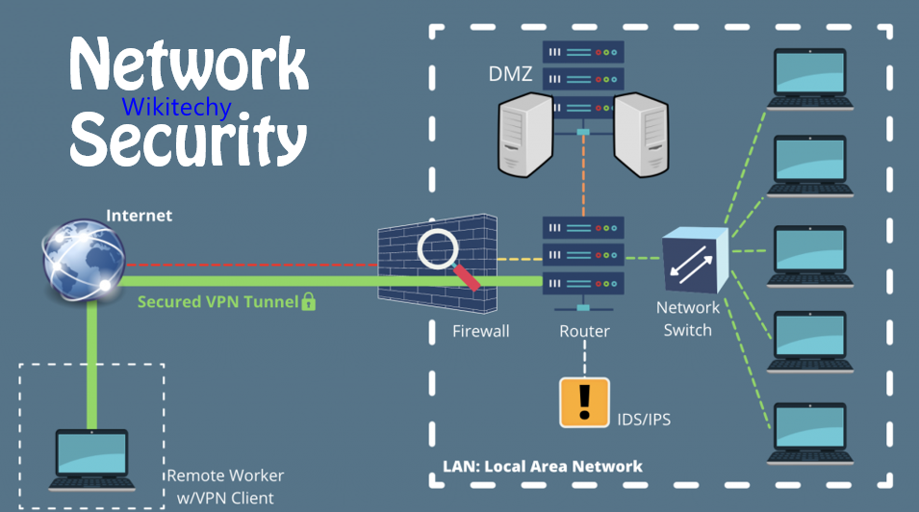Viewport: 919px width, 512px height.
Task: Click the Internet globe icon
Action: pyautogui.click(x=81, y=259)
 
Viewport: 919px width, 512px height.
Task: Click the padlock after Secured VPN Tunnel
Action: pyautogui.click(x=309, y=301)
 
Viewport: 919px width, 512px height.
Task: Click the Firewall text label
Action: pyautogui.click(x=480, y=331)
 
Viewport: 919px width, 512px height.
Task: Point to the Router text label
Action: pyautogui.click(x=584, y=331)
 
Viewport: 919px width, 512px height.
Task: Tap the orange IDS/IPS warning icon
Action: pyautogui.click(x=584, y=402)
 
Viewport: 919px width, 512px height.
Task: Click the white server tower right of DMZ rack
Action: pyautogui.click(x=642, y=134)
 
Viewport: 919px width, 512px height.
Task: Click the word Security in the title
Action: pyautogui.click(x=187, y=139)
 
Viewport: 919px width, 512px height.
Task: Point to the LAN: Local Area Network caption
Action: pyautogui.click(x=542, y=467)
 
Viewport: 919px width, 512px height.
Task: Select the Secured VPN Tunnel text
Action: pyautogui.click(x=217, y=301)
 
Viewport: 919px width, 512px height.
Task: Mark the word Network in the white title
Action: pyautogui.click(x=189, y=66)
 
